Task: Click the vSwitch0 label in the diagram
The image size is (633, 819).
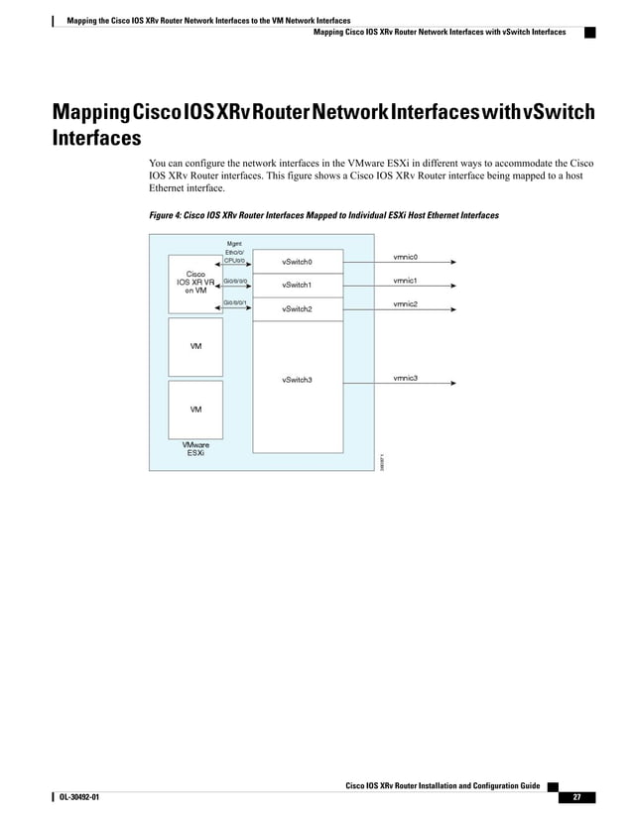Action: coord(298,263)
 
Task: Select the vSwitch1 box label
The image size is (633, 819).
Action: coord(298,286)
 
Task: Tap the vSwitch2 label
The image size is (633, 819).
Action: coord(298,309)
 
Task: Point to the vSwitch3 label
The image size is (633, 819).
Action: coord(298,380)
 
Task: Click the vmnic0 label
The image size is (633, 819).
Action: coord(405,257)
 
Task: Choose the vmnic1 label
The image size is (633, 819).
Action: coord(405,281)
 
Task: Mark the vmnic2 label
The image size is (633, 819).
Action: coord(405,303)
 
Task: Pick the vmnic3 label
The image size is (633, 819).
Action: coord(405,378)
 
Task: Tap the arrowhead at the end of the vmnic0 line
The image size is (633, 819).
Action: coord(453,264)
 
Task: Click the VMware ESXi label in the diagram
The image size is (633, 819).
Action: coord(195,450)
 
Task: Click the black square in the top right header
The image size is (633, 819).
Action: coord(588,32)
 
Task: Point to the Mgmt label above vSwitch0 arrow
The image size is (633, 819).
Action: coord(235,242)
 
